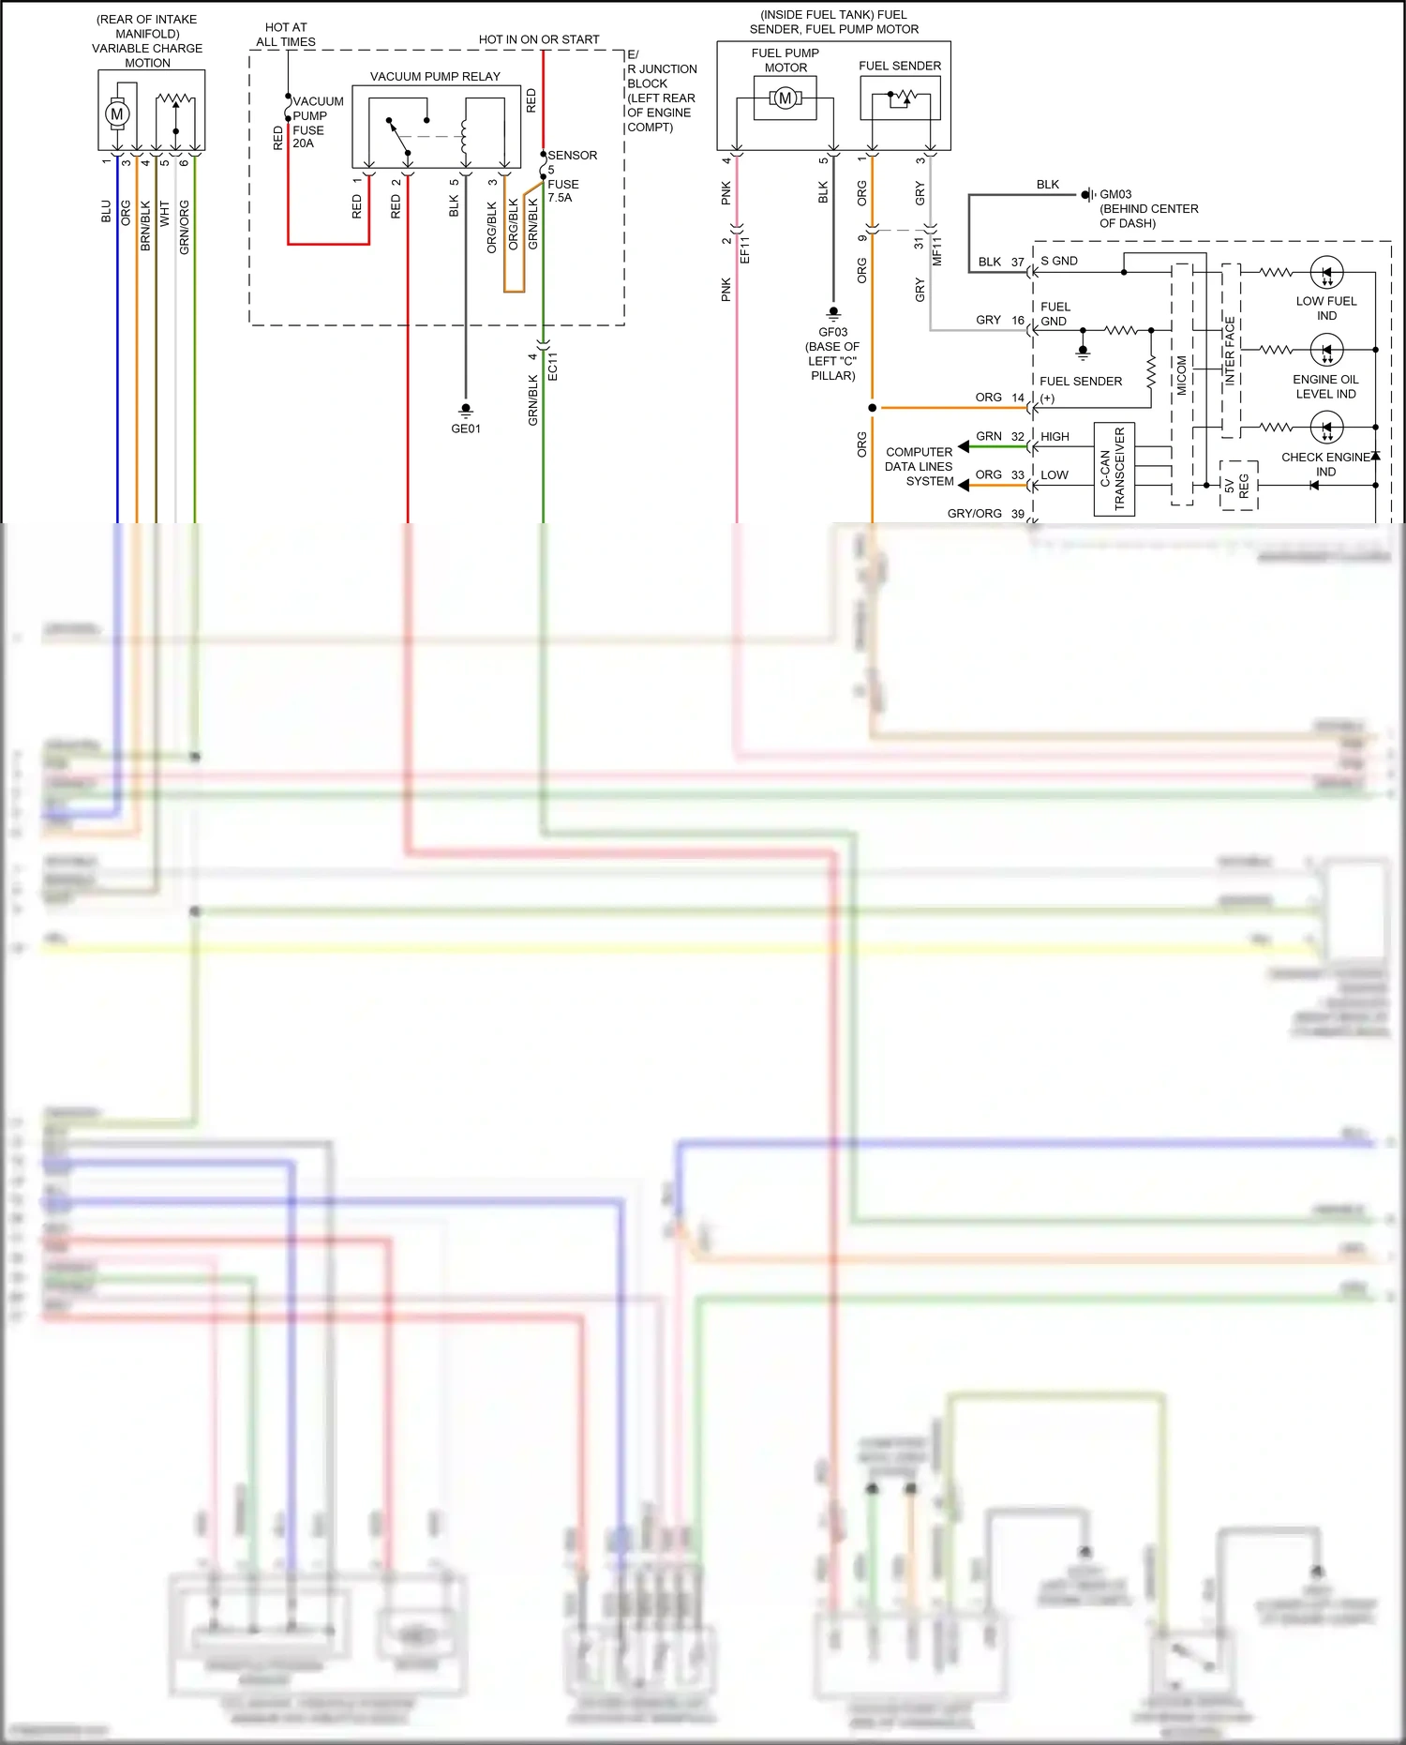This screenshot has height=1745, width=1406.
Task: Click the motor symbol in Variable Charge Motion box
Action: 116,113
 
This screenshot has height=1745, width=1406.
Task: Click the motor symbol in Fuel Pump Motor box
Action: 785,98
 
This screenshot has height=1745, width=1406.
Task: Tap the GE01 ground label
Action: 465,429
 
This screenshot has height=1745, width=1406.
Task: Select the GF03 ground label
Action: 832,332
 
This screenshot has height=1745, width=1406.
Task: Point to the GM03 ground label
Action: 1115,194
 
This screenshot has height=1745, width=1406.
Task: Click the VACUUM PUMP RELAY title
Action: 435,76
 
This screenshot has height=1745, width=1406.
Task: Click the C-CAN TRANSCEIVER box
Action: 1114,469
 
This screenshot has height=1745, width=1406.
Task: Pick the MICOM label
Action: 1182,375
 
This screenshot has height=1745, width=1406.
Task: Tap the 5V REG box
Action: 1238,485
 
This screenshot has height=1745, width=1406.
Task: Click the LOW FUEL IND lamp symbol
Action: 1326,273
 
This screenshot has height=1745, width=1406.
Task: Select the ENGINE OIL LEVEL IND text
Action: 1325,386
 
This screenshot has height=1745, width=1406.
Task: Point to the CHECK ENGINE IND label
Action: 1325,464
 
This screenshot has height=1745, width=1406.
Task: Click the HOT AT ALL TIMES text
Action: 286,35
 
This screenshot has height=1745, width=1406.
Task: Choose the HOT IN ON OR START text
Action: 539,39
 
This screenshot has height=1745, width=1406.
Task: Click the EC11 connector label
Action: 553,366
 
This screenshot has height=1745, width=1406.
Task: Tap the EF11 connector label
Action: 745,249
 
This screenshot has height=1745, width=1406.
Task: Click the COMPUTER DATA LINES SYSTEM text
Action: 920,466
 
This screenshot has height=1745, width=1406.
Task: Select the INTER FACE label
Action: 1231,352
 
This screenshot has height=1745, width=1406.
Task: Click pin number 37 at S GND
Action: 1017,262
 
